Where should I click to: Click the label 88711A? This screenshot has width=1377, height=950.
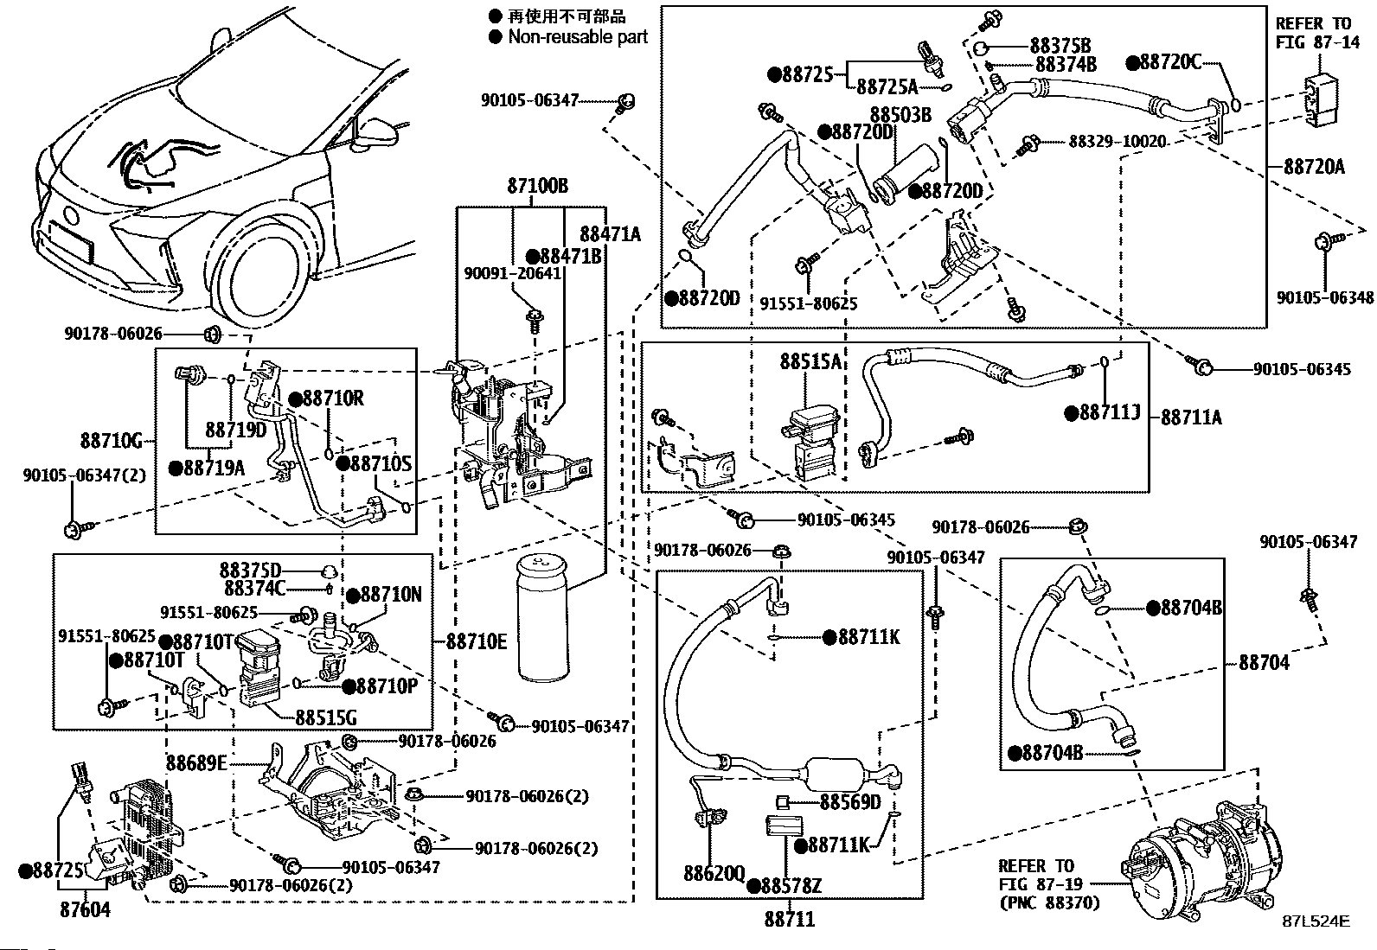pyautogui.click(x=1191, y=418)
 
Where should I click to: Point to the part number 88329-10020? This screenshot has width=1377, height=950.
pyautogui.click(x=1117, y=141)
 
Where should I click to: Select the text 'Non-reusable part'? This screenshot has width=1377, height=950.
pyautogui.click(x=577, y=36)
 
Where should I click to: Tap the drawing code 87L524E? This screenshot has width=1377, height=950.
pyautogui.click(x=1316, y=922)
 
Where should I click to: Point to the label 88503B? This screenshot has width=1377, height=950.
pyautogui.click(x=900, y=114)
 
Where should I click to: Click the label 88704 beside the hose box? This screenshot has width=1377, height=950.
pyautogui.click(x=1264, y=662)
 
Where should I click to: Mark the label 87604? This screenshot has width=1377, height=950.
pyautogui.click(x=86, y=909)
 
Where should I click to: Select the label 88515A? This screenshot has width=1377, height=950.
pyautogui.click(x=810, y=361)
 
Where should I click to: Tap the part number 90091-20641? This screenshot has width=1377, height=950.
pyautogui.click(x=513, y=273)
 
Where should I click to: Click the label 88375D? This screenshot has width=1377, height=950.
pyautogui.click(x=250, y=571)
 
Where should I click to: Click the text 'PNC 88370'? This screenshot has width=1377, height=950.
pyautogui.click(x=1049, y=903)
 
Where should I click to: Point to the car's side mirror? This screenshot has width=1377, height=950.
pyautogui.click(x=380, y=132)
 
